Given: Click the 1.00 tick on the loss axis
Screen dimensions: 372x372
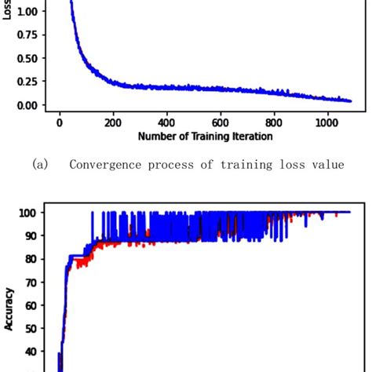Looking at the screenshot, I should click(24, 12).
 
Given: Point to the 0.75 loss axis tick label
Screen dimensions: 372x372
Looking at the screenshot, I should click(24, 35).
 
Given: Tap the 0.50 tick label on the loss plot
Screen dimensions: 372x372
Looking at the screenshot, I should click(24, 58).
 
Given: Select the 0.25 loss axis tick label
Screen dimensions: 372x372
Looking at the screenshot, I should click(24, 82).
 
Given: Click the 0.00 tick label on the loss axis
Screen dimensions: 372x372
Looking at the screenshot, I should click(24, 104).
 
